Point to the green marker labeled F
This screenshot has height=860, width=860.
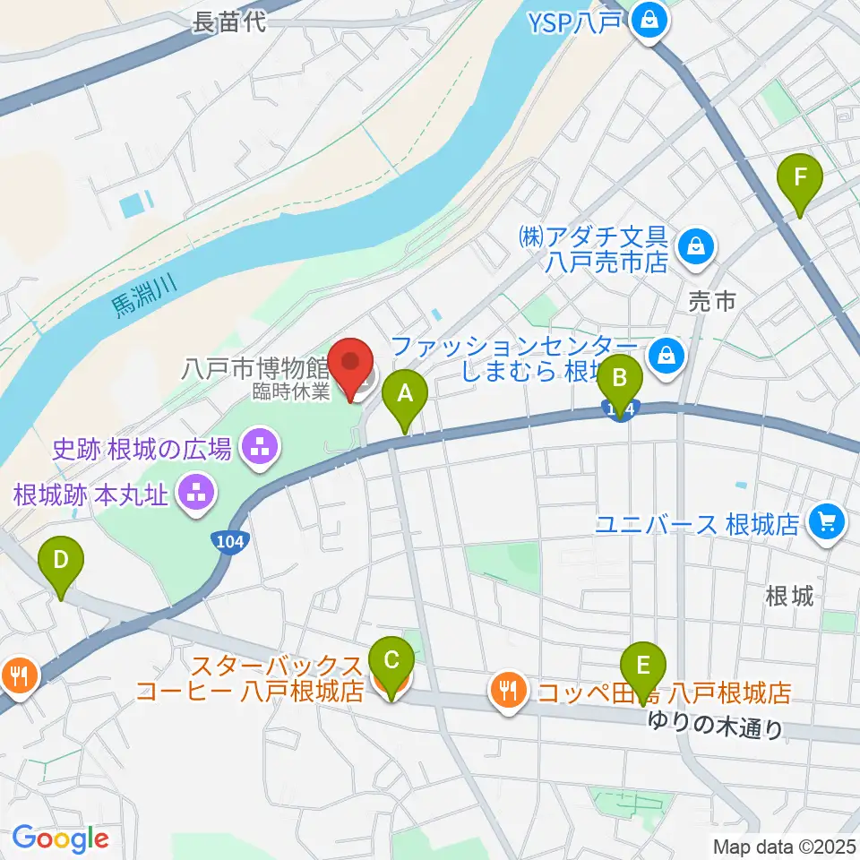[800, 183]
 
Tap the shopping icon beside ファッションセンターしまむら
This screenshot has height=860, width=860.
[666, 355]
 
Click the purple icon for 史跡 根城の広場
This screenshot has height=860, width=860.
[260, 447]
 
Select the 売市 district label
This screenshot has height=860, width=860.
[712, 302]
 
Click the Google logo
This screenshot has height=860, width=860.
[60, 838]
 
